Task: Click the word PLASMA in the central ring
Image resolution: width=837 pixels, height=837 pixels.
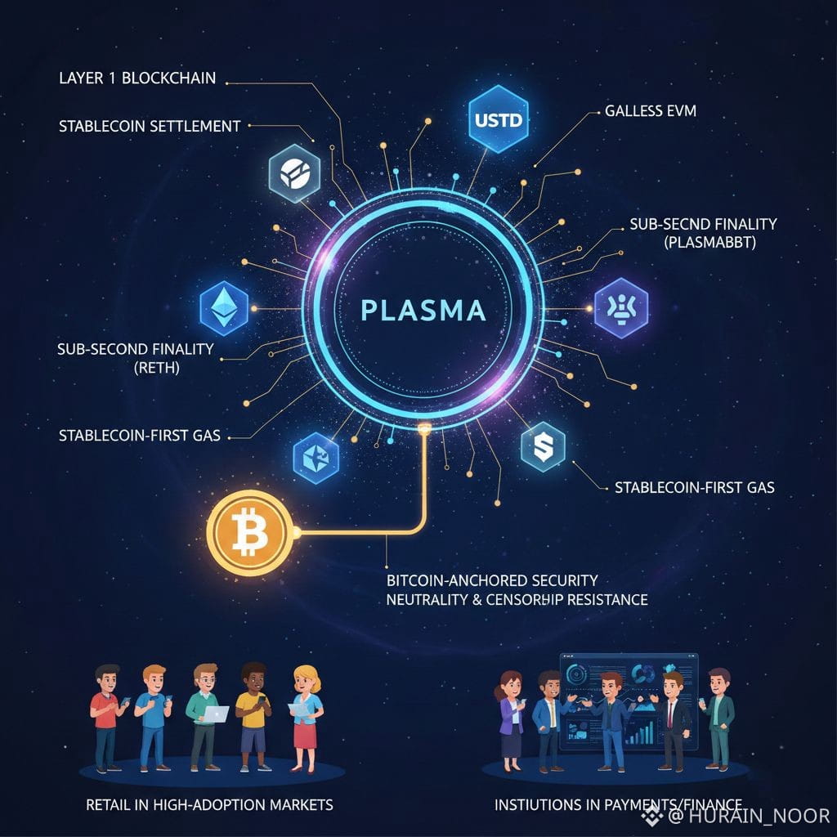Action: [423, 311]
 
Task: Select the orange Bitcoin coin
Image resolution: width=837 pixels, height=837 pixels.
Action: [249, 533]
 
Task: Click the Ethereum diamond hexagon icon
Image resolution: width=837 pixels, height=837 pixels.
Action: [223, 309]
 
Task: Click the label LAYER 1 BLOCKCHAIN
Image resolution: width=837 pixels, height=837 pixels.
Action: [137, 78]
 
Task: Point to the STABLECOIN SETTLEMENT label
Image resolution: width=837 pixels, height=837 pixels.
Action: [150, 126]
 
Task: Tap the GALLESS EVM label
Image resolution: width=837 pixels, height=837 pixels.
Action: [651, 110]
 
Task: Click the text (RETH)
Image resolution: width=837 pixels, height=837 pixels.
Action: [157, 368]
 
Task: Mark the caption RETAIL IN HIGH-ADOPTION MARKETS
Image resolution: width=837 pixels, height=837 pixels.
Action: [209, 805]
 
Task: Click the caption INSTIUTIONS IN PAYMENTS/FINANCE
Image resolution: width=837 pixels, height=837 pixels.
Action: [618, 805]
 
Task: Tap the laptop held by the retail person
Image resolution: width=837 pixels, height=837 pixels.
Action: [216, 714]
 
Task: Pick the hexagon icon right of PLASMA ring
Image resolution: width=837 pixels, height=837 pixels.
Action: [621, 308]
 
